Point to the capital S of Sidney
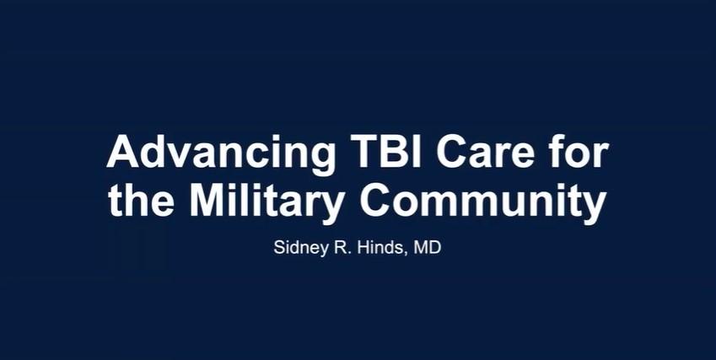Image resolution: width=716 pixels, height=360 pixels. click(x=277, y=250)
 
